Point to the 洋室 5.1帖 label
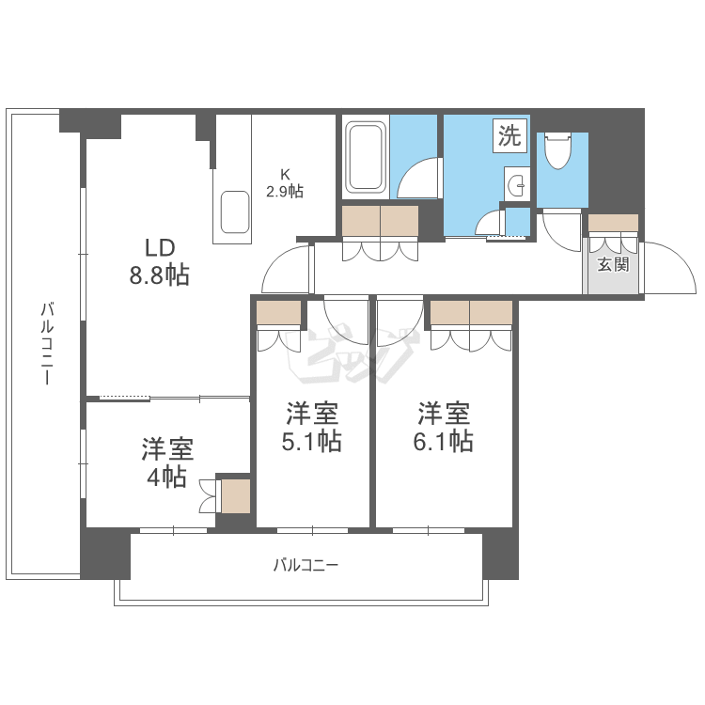[x=312, y=428]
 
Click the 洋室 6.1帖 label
[x=444, y=428]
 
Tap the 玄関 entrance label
[x=613, y=264]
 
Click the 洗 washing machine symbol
[x=509, y=136]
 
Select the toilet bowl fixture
[x=557, y=150]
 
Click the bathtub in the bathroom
[x=365, y=157]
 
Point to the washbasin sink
[x=515, y=185]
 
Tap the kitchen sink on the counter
[x=232, y=212]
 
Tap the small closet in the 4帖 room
[x=235, y=496]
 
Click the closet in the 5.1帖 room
[x=278, y=313]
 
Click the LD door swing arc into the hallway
[x=286, y=270]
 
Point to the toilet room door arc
[x=562, y=230]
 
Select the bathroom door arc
[x=418, y=179]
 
